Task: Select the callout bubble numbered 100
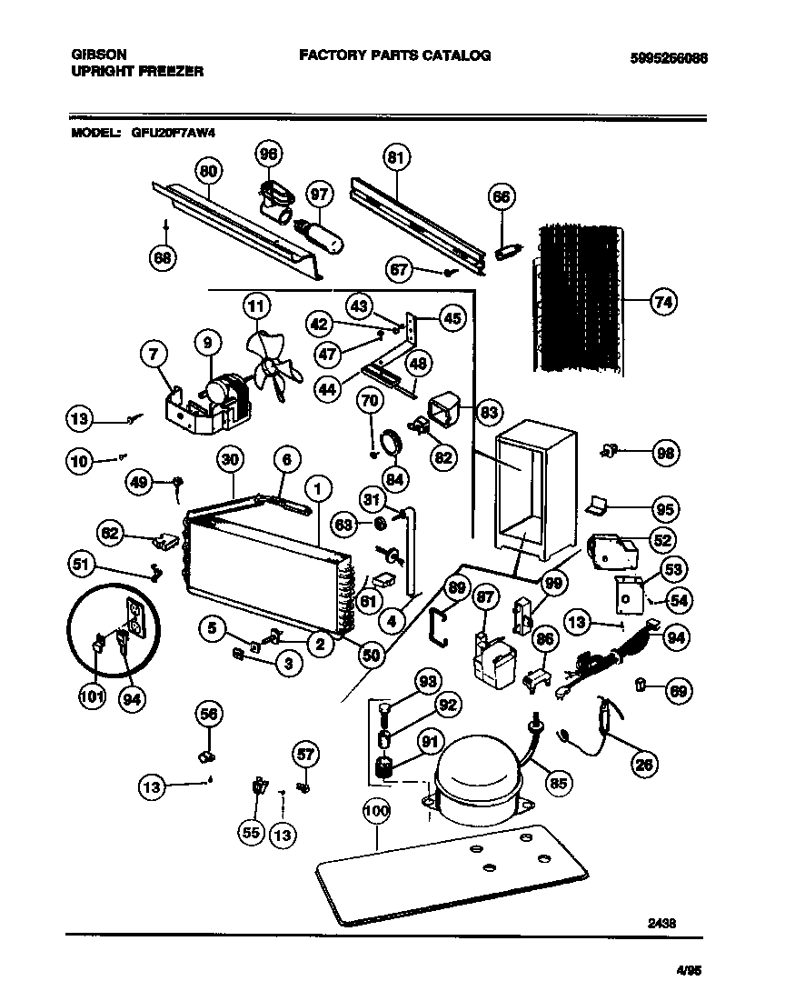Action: click(x=376, y=811)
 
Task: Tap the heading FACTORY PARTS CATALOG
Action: click(x=395, y=55)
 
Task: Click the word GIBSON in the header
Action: click(x=99, y=55)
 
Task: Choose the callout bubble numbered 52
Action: click(x=663, y=540)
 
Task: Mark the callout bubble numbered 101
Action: click(x=92, y=700)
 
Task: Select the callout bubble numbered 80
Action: click(x=209, y=170)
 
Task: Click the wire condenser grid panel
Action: click(x=578, y=291)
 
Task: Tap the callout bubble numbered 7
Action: click(x=152, y=354)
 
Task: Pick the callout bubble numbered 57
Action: click(x=306, y=754)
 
